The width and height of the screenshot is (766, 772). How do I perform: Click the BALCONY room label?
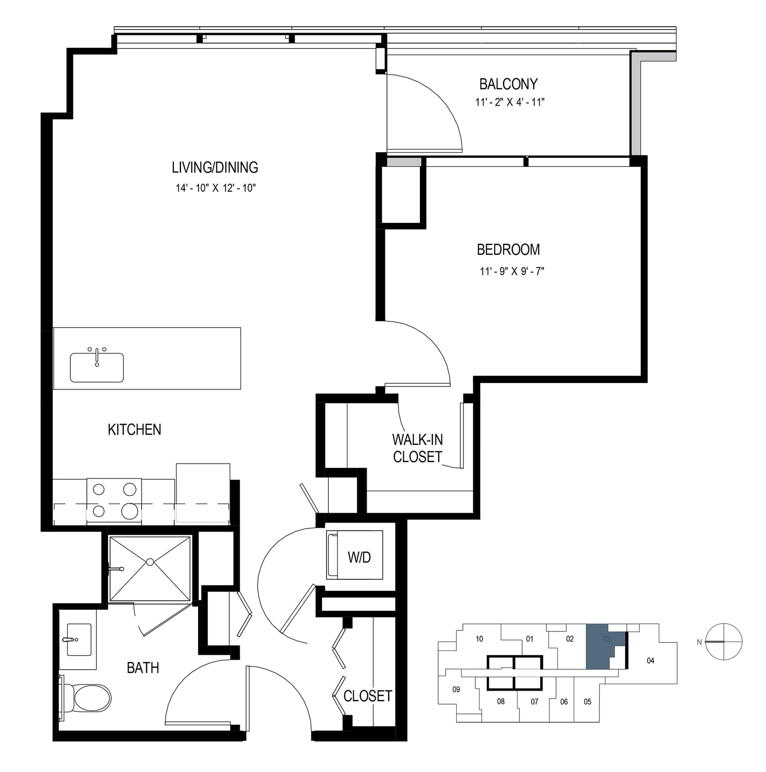point(508,84)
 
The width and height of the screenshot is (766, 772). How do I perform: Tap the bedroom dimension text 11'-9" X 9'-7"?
point(512,271)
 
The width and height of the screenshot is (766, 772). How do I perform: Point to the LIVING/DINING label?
point(215,167)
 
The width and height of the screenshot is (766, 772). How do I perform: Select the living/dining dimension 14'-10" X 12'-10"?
point(215,188)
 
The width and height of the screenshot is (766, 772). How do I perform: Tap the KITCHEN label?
point(135,430)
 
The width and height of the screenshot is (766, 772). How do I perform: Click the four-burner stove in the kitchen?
point(114,500)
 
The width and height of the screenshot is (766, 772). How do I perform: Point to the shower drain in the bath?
point(150,562)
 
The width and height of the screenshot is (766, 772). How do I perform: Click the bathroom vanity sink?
point(79,640)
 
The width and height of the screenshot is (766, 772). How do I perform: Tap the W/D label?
point(360,557)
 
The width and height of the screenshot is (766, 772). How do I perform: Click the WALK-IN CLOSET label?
point(417,448)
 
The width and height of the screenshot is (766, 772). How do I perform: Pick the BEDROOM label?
point(508,250)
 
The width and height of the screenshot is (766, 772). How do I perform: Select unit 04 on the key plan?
point(650,661)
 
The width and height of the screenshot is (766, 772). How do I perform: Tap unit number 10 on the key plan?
point(479,639)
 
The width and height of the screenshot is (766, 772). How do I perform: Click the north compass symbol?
point(724,642)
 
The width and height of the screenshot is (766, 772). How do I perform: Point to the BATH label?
point(143,668)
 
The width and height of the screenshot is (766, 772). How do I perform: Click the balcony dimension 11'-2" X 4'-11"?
point(510,102)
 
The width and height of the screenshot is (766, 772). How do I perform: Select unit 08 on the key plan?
point(500,702)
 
